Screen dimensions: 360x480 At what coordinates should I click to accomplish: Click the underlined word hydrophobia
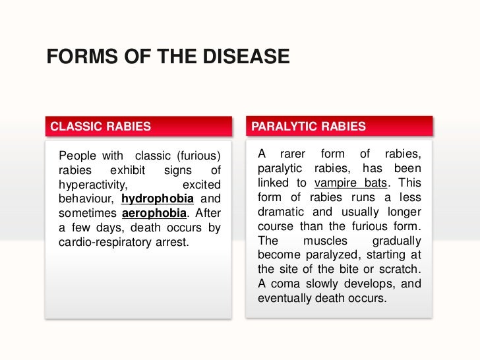pyautogui.click(x=158, y=198)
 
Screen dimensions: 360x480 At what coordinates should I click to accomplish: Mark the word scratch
pyautogui.click(x=400, y=269)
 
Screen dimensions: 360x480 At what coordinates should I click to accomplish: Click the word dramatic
pyautogui.click(x=280, y=212)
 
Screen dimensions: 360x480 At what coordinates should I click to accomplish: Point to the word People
pyautogui.click(x=76, y=156)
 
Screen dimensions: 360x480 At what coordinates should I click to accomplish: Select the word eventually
pyautogui.click(x=284, y=298)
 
